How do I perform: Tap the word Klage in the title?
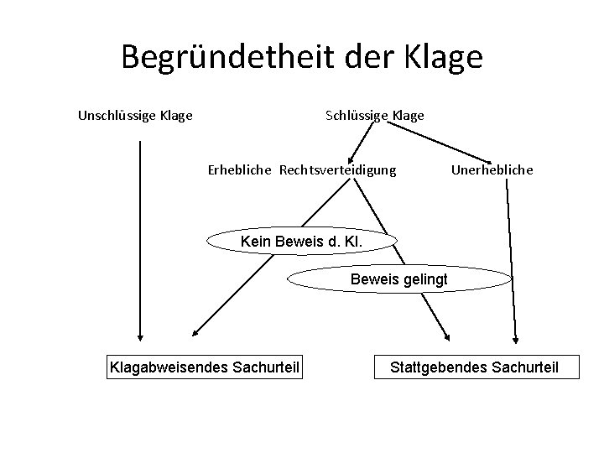point(440,57)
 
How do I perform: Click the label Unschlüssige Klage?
point(135,115)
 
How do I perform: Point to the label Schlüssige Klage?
point(374,115)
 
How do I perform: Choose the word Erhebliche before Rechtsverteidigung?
point(240,170)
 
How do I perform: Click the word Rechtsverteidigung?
point(337,170)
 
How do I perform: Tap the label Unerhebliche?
point(492,170)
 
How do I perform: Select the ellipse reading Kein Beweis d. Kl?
point(300,242)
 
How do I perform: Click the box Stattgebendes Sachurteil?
point(474,367)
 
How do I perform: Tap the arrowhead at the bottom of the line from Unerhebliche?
point(516,339)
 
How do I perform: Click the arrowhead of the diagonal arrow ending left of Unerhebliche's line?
point(445,338)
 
